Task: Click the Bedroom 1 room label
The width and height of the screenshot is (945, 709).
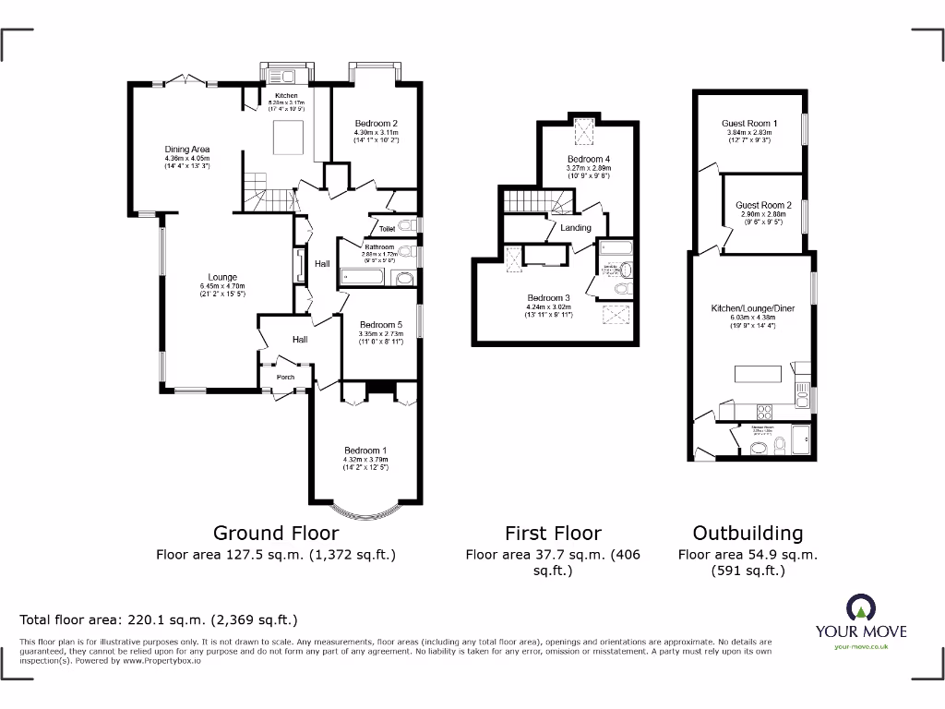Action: point(365,451)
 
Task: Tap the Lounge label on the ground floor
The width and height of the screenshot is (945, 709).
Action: point(222,277)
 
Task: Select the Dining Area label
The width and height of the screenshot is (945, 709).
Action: point(187,150)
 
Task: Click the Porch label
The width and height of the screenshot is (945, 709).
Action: point(286,377)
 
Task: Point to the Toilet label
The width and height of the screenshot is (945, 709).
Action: point(387,228)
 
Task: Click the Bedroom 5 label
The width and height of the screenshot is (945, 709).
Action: point(381,325)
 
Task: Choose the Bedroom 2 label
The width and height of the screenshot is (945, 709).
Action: point(377,124)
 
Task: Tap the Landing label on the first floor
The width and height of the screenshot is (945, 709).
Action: point(576,227)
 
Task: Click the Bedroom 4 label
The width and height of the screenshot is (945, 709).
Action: point(589,160)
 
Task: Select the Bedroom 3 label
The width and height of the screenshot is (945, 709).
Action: point(549,298)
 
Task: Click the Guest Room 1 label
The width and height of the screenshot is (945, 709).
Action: point(749,124)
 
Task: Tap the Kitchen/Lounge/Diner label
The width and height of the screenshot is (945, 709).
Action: point(752,308)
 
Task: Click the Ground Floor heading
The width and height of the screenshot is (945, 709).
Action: point(276,533)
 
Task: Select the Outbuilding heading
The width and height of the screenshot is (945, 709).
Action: point(748,533)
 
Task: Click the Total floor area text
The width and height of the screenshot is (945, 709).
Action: point(159,620)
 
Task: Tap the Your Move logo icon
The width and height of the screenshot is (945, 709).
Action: point(860,607)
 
